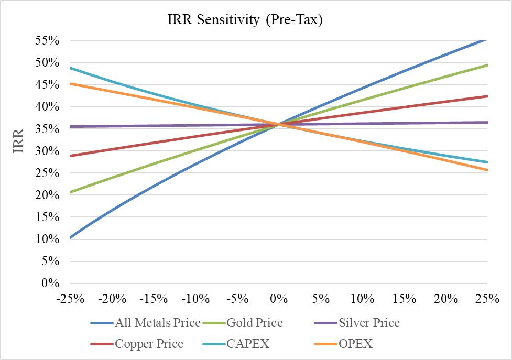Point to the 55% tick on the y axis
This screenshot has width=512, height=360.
coord(47,41)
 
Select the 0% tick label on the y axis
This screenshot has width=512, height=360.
coord(50,283)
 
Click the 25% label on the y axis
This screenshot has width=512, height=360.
coord(47,173)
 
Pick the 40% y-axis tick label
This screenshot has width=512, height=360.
coord(47,107)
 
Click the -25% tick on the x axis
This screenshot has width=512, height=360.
coord(70,299)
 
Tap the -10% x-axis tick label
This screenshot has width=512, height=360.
coord(195,299)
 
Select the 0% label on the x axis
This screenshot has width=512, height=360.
coord(279,299)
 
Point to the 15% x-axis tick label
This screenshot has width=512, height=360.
coord(404,299)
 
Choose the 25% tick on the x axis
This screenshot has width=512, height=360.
coord(487,299)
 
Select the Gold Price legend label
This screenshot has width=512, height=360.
coord(254,323)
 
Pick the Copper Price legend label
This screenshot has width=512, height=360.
coord(149,344)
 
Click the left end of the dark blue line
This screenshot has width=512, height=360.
coord(70,238)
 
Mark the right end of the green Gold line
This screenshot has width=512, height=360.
coord(487,65)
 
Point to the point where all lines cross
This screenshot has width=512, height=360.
coord(279,124)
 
